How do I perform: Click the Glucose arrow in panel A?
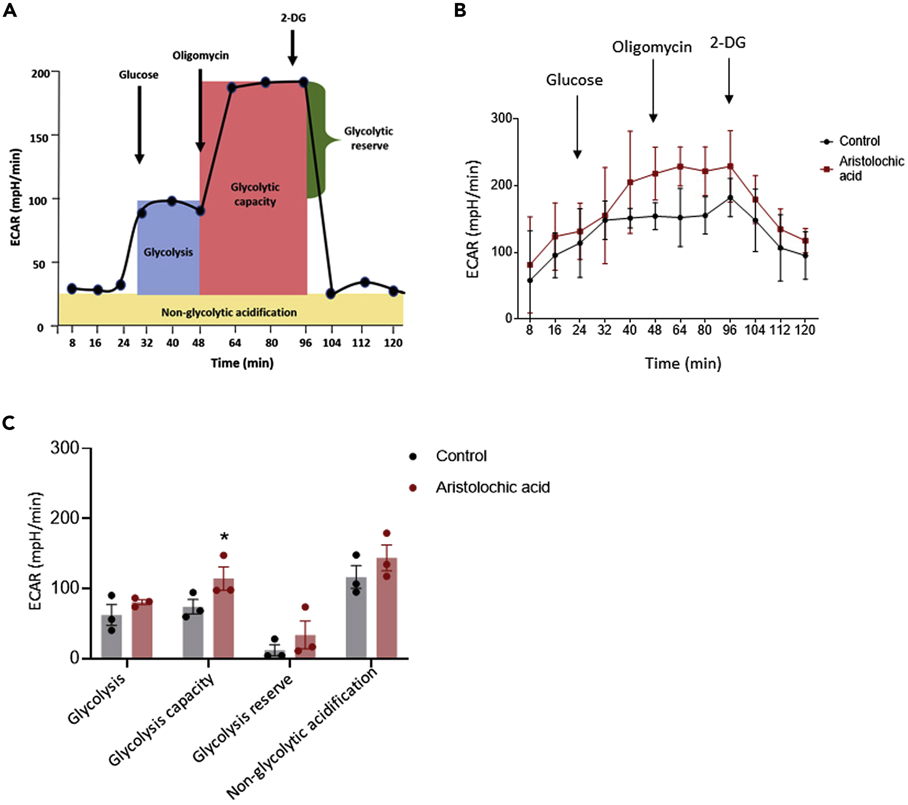coord(139,124)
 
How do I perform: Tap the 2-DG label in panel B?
coord(727,43)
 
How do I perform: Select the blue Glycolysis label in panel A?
coord(168,252)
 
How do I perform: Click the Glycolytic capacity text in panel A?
coord(255,194)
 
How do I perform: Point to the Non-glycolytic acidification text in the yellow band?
coord(229,312)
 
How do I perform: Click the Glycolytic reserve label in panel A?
coord(369,139)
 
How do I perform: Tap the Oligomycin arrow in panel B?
coord(653,91)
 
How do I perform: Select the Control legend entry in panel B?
coord(850,141)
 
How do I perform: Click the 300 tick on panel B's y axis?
coord(501,119)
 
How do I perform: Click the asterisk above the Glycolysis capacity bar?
coord(224,537)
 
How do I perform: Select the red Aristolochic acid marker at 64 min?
coord(679,167)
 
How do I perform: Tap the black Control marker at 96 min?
coord(730,197)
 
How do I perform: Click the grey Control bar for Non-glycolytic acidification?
coord(356,617)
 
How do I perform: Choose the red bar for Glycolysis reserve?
coord(305,646)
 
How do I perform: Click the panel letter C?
coord(9,423)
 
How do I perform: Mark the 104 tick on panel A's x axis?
coord(332,343)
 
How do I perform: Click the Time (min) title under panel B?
coord(683,364)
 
